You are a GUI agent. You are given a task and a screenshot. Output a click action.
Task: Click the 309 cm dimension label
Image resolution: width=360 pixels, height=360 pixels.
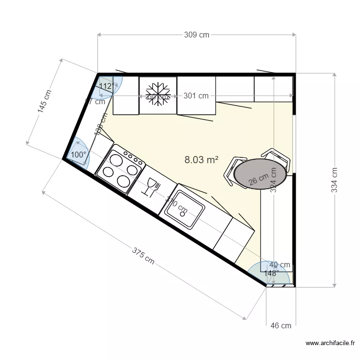[197, 35]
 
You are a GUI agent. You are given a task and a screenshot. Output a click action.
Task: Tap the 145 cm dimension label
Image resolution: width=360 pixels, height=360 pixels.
[45, 101]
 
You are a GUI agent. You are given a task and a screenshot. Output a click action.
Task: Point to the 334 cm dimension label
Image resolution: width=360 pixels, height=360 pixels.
[335, 180]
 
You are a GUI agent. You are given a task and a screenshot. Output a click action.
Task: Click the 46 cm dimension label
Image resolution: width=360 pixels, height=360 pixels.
[281, 325]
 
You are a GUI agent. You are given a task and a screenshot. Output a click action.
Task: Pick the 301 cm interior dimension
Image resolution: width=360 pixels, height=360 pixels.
[196, 96]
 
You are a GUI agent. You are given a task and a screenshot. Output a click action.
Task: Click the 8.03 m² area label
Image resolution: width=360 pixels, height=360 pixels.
[202, 160]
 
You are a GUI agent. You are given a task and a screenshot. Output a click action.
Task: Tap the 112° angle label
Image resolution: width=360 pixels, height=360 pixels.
[107, 86]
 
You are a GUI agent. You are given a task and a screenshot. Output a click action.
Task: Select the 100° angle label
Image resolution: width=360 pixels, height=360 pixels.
[79, 155]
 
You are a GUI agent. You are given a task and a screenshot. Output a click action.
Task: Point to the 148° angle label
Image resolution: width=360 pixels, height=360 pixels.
[271, 273]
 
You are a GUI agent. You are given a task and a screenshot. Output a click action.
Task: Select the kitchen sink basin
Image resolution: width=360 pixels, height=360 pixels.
[184, 209]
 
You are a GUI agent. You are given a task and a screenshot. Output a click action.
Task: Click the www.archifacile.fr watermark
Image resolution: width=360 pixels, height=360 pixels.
[330, 343]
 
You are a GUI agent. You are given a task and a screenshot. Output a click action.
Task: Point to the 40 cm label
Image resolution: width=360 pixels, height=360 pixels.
[279, 264]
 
